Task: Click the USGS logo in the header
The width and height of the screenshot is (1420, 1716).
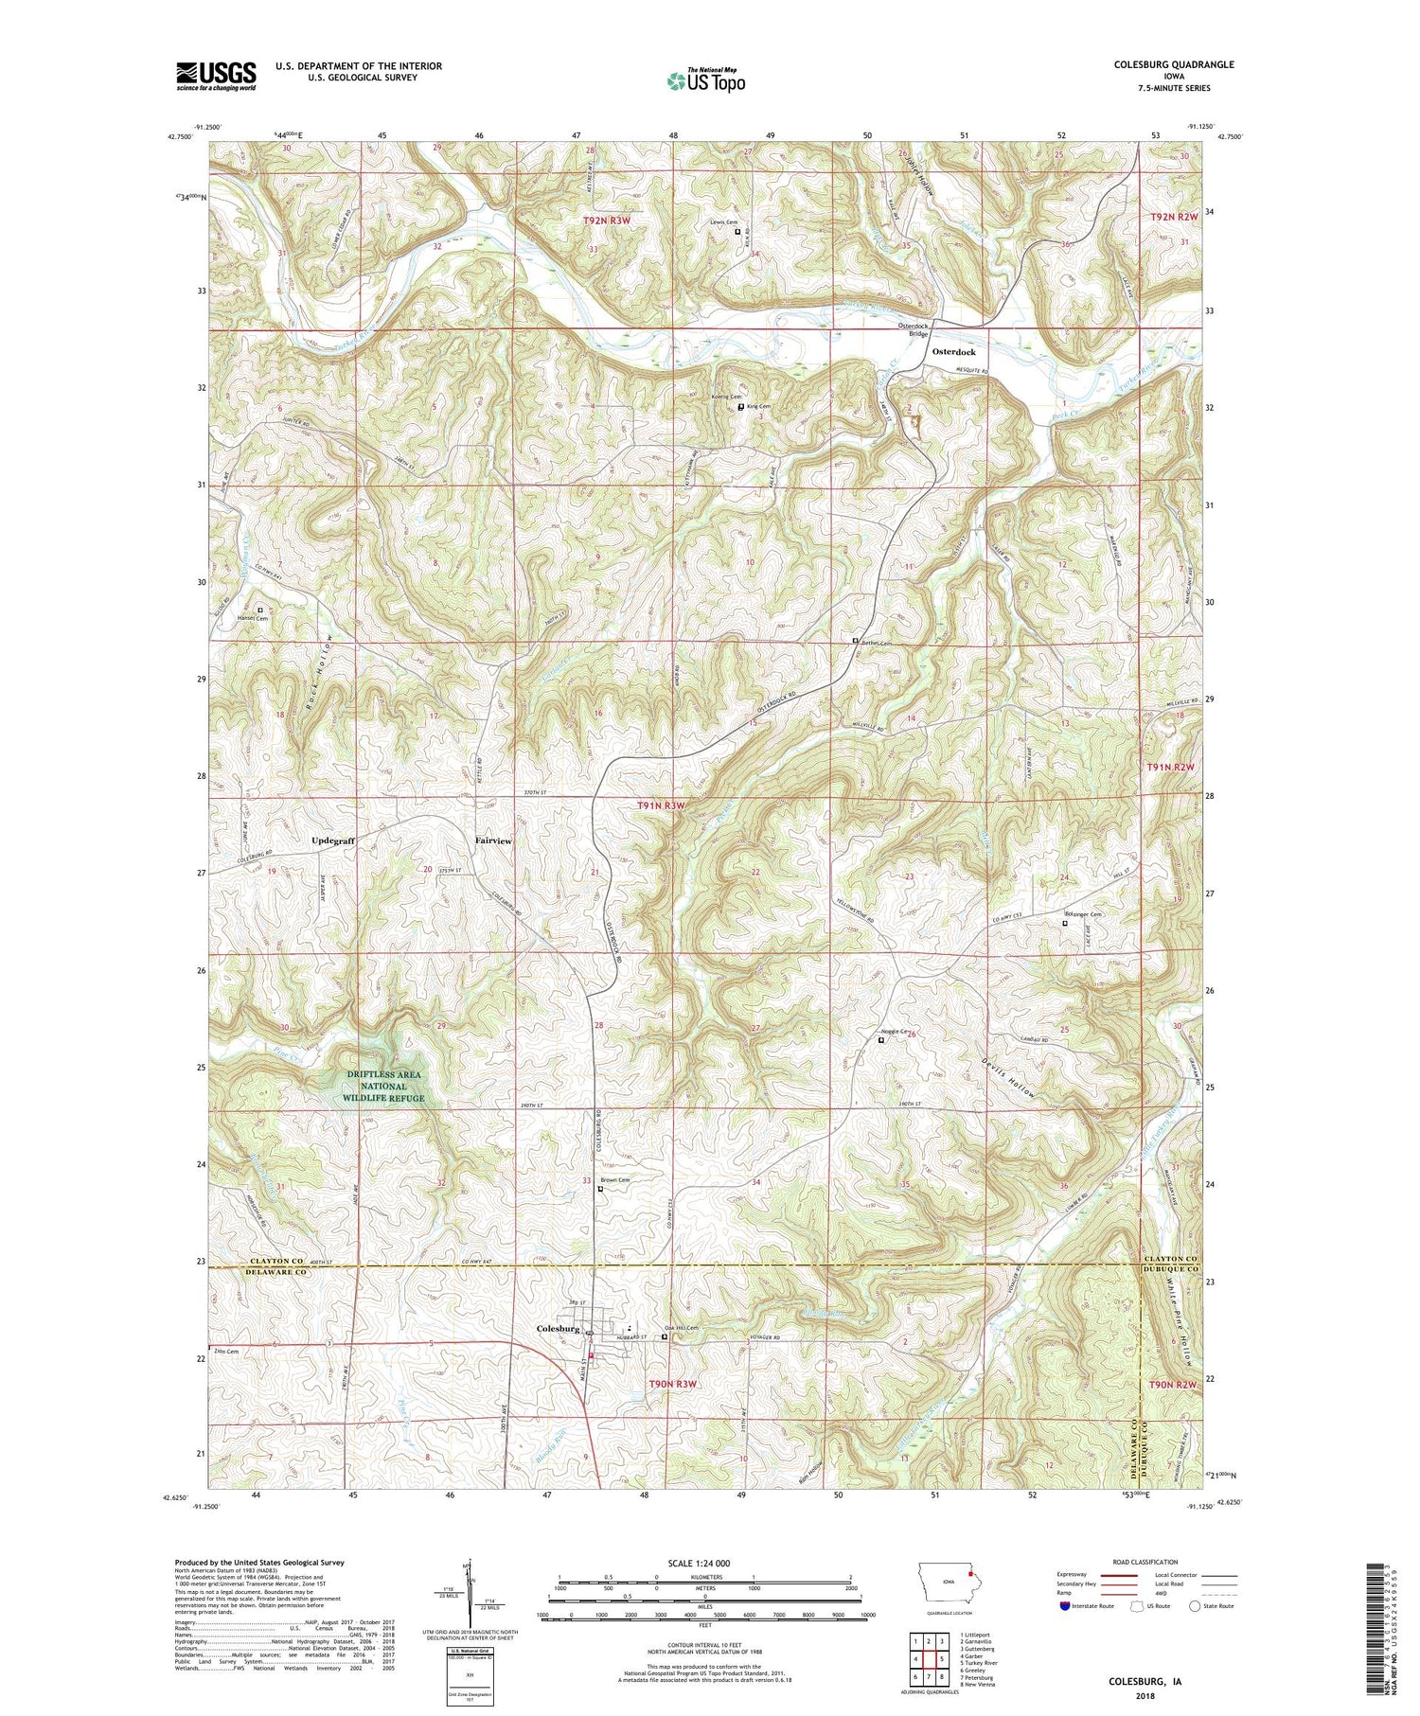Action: pos(215,76)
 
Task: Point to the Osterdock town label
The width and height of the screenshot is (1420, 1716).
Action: pos(955,351)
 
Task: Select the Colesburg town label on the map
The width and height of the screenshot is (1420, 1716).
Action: pos(558,1329)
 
